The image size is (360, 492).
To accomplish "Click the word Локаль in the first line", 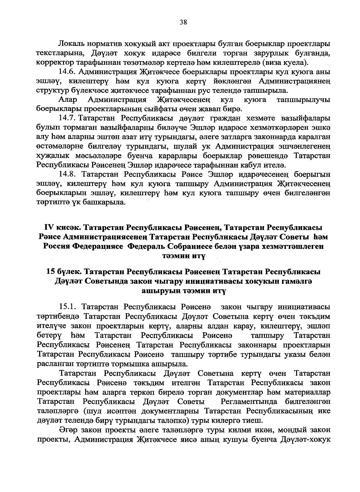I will [71, 44].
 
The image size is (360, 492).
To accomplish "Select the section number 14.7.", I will [68, 118].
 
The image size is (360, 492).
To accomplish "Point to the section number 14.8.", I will [68, 174].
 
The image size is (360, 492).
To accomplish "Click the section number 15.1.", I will [68, 307].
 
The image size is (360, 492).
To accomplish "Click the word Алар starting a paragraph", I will [68, 100].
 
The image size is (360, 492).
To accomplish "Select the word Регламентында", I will [250, 401].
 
